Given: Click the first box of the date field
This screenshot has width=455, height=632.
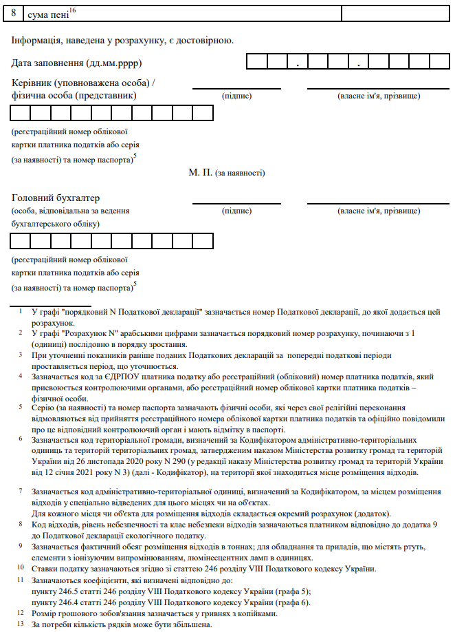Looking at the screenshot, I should (x=257, y=61).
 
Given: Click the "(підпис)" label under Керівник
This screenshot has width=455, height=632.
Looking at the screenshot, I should (x=236, y=96).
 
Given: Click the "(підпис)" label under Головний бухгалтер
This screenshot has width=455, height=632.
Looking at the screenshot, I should (x=236, y=211).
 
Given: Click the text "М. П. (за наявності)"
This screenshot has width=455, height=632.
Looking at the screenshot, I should (x=227, y=173).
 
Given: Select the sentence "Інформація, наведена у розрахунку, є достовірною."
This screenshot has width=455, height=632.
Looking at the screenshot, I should (x=123, y=40).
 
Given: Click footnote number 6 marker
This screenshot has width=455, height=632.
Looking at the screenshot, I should (x=21, y=439).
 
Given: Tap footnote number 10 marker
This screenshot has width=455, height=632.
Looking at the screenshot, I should (x=21, y=568).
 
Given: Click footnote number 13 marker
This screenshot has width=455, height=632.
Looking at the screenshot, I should (x=21, y=624).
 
